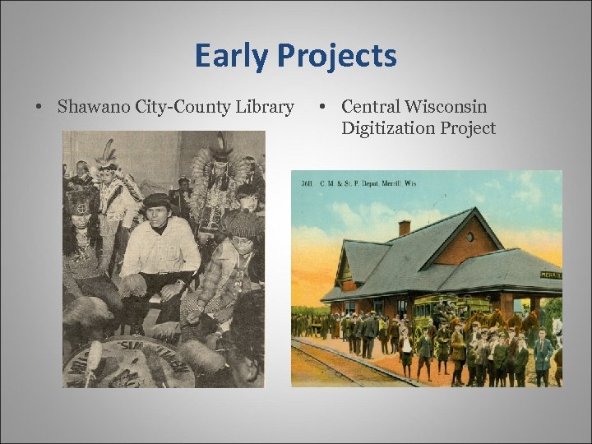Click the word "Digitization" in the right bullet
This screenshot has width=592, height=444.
tap(386, 128)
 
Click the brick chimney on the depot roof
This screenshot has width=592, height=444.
tap(404, 228)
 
